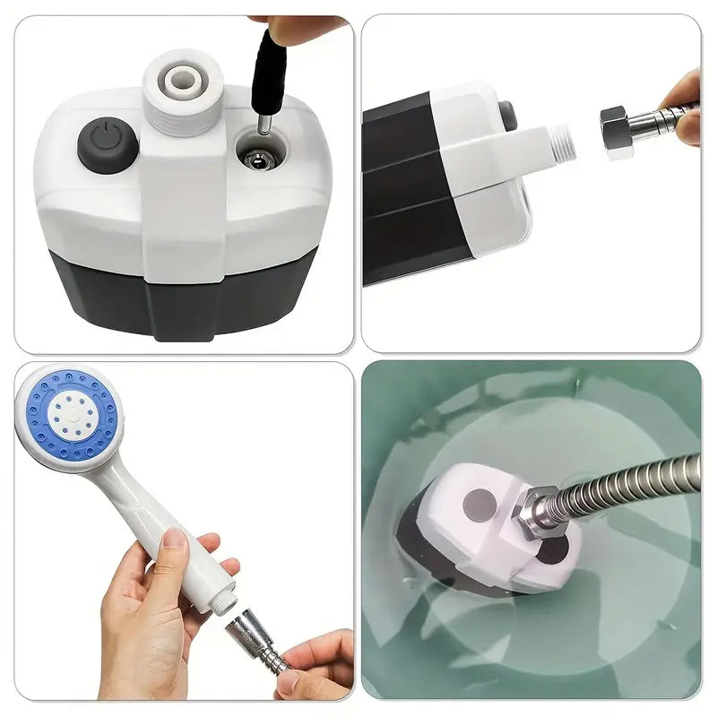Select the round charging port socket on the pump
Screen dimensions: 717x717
pyautogui.click(x=260, y=161)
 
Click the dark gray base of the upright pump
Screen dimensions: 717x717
pyautogui.click(x=179, y=296)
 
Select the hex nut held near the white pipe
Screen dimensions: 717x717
pyautogui.click(x=618, y=132)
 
